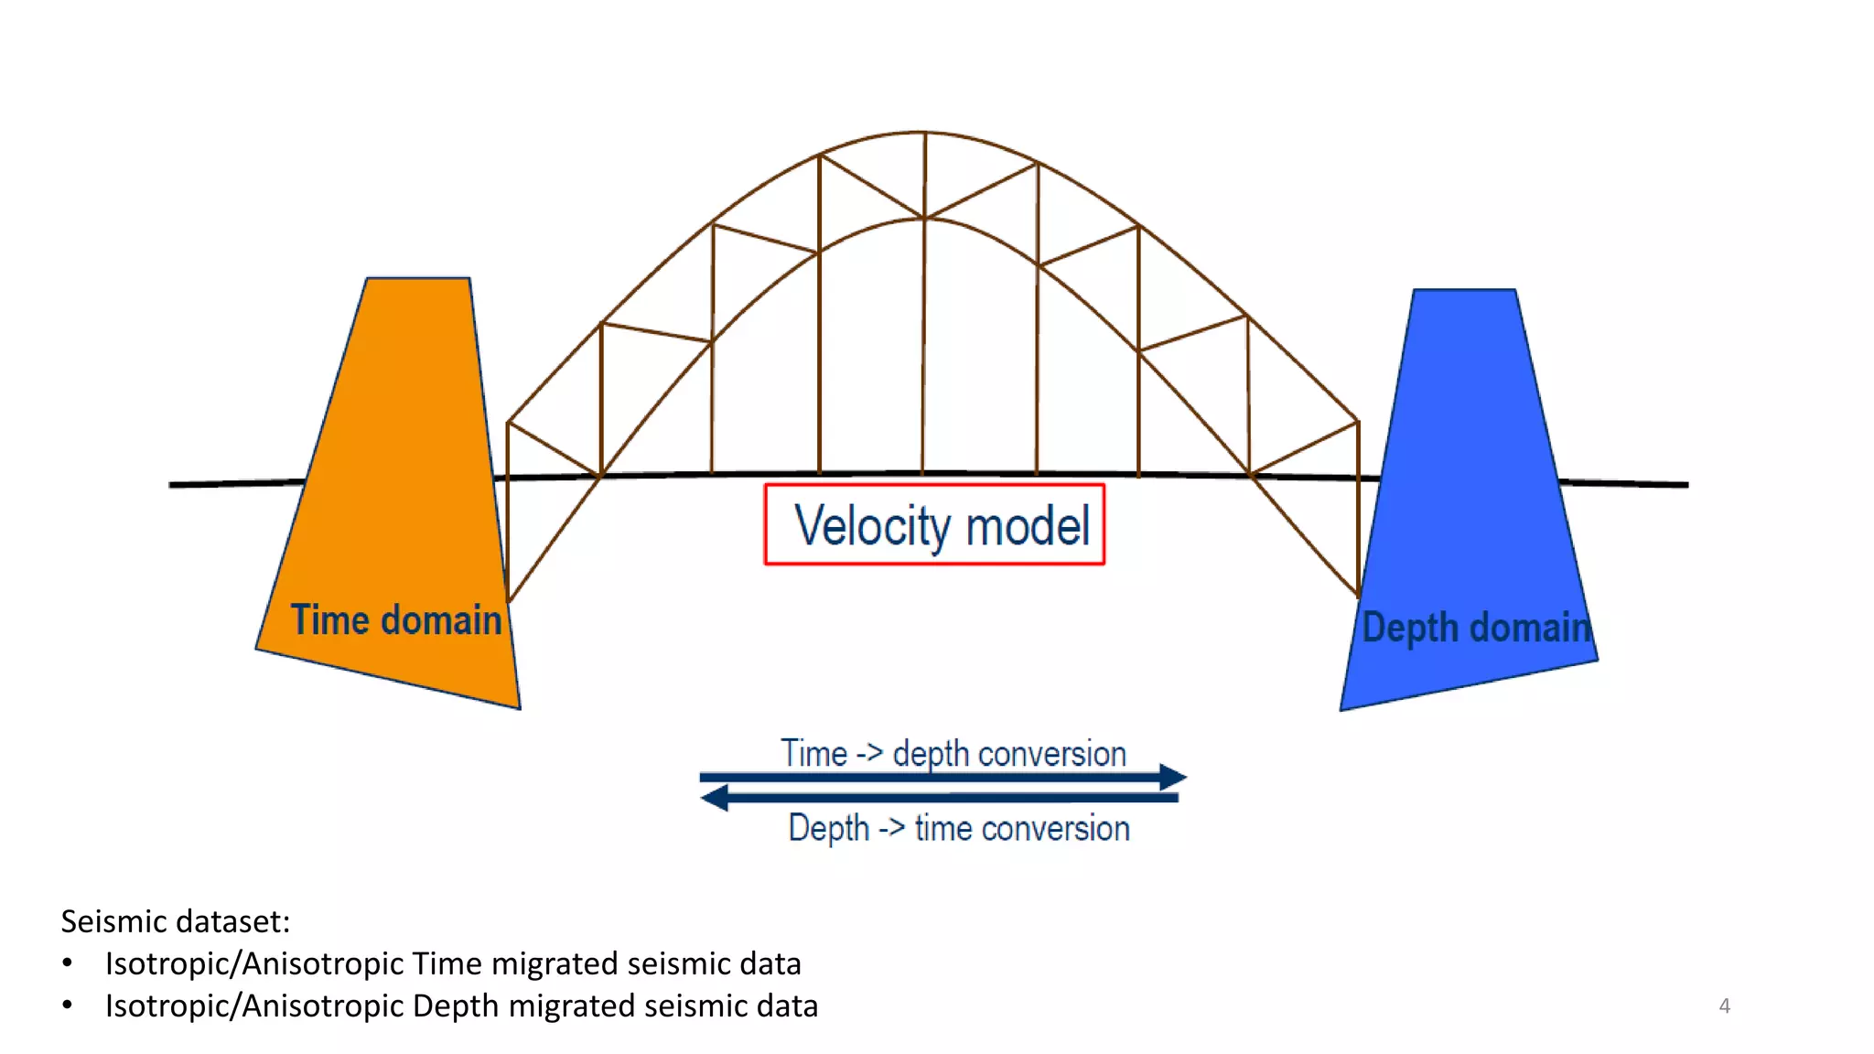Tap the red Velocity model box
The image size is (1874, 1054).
[934, 524]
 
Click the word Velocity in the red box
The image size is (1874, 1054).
[873, 526]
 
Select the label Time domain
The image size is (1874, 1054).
[396, 620]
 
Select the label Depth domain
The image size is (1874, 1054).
[1476, 628]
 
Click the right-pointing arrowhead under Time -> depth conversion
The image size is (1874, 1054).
[1172, 777]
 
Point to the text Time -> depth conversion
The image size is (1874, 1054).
[953, 754]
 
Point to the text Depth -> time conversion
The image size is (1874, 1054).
[959, 828]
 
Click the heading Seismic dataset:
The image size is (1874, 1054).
[175, 921]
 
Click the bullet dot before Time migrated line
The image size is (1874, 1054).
[68, 963]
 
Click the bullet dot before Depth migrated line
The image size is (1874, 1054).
[68, 1005]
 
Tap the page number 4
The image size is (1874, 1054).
[1724, 1006]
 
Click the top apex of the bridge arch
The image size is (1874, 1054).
[923, 133]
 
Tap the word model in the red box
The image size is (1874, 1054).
[1028, 526]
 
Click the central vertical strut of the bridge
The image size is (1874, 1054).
[923, 348]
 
